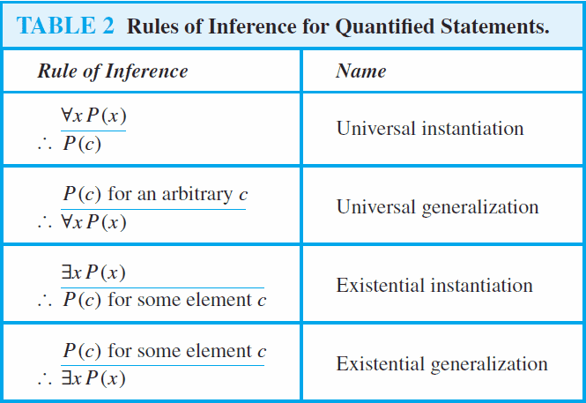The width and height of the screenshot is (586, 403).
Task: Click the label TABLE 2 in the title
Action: pos(65,26)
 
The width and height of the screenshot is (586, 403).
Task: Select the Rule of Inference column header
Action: pos(112,71)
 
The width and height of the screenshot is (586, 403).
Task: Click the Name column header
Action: pos(360,71)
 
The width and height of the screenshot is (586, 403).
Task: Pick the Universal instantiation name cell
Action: pos(430,128)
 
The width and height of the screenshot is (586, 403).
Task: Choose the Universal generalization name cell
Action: pos(437,207)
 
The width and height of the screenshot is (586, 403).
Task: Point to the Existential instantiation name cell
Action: pos(434,286)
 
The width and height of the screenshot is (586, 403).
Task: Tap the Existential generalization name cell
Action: pos(441,363)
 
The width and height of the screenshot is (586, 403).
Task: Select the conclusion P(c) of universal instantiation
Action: pos(81,144)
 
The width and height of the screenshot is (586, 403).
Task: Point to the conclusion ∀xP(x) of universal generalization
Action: pos(93,222)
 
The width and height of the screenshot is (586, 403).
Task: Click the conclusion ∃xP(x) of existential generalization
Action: pos(93,380)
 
